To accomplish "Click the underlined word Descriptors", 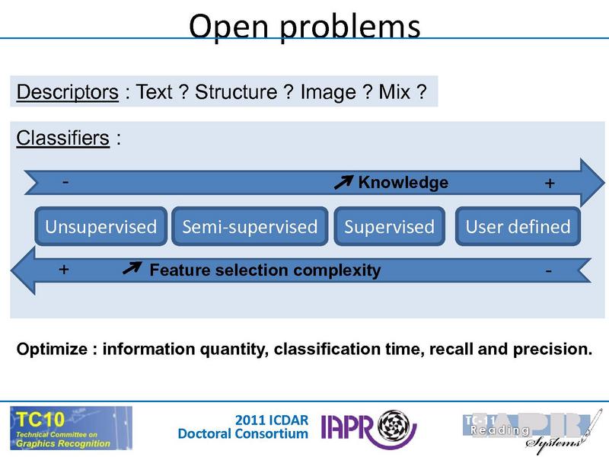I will coord(67,93).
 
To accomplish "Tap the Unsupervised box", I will coord(100,226).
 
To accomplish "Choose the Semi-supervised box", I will coord(250,226).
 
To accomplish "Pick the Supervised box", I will coord(389,226).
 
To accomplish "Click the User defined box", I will coord(518,226).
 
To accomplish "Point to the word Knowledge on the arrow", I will coord(403,183).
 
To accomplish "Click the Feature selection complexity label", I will coord(265,270).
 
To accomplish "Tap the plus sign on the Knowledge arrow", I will coord(550,184).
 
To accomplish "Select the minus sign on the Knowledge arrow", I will coord(65,183).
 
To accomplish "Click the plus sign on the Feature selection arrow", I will coord(64,270).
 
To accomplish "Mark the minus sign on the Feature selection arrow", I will coord(549,270).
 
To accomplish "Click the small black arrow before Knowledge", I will coord(344,181).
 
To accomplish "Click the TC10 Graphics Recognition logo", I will coord(71,427).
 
